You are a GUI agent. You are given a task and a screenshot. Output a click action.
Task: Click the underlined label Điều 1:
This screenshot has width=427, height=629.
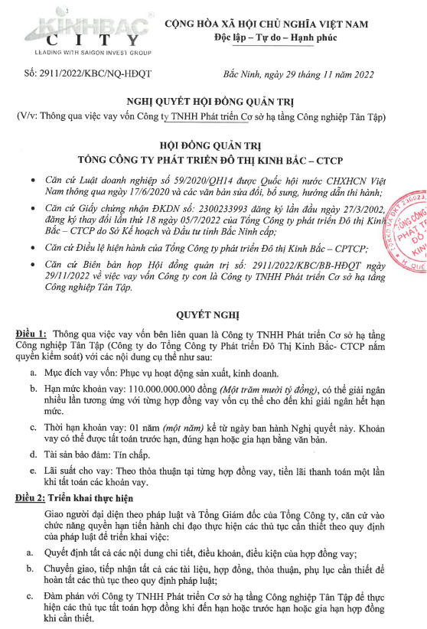[32, 335]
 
